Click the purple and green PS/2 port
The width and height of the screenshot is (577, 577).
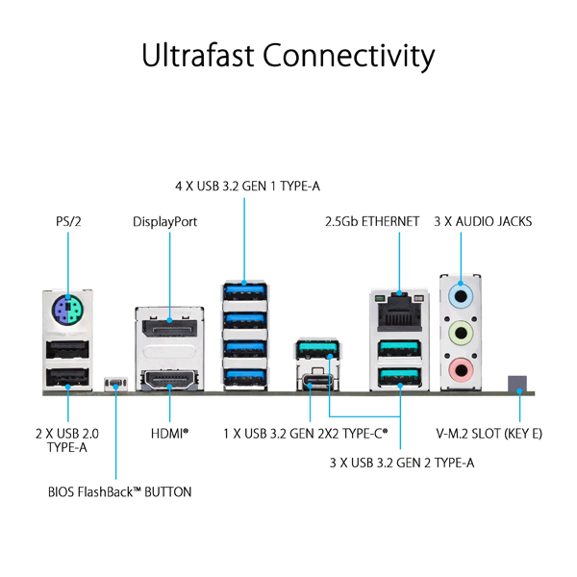(67, 309)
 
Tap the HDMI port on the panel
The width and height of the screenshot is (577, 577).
(169, 381)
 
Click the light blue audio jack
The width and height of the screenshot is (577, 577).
(461, 296)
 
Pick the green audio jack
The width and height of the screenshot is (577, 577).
(461, 333)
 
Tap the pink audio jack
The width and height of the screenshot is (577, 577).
(461, 369)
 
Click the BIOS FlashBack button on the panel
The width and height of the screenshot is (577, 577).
(115, 384)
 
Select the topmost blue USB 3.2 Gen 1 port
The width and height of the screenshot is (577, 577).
(244, 291)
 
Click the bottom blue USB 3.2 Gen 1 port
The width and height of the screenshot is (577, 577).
(244, 378)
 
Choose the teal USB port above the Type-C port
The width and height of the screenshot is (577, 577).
(317, 349)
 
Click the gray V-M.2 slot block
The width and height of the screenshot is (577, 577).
(517, 384)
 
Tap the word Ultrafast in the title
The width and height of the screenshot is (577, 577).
(198, 55)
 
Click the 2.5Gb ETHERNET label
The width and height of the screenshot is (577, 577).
(372, 221)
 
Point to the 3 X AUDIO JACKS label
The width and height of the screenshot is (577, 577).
(483, 221)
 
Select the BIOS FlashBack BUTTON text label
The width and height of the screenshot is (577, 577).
(119, 492)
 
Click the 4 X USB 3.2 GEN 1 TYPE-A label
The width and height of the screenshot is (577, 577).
(247, 187)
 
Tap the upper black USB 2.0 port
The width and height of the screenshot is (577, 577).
(67, 349)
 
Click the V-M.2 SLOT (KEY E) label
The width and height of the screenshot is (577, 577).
(489, 434)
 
